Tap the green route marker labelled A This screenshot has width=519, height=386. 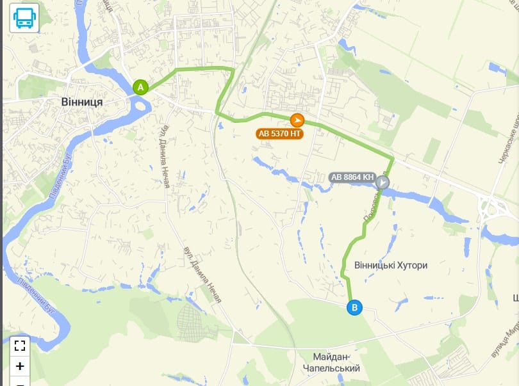[140, 87]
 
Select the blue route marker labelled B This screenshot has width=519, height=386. [354, 308]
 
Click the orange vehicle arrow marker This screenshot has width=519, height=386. [297, 120]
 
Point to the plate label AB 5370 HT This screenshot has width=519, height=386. [279, 134]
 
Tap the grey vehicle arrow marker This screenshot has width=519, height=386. [383, 182]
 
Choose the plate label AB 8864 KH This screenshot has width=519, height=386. [352, 177]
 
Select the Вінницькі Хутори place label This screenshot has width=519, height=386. [390, 265]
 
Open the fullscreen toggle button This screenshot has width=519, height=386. [20, 346]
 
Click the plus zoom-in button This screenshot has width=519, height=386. [20, 366]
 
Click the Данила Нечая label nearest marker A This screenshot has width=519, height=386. [165, 157]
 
